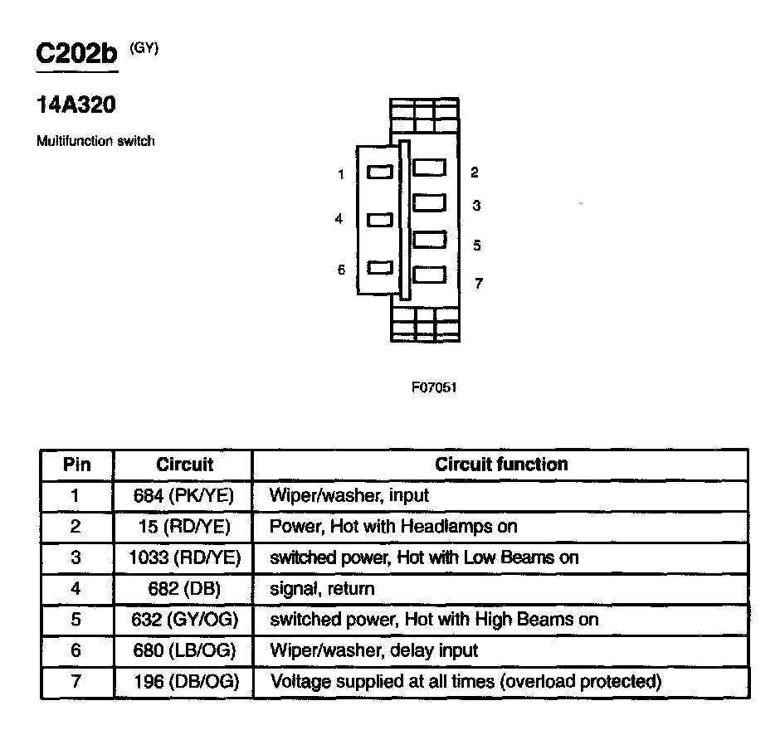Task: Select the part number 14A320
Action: tap(76, 105)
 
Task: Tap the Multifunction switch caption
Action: tap(95, 141)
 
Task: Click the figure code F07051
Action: tap(434, 387)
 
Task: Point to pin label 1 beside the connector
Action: tap(340, 174)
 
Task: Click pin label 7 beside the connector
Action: tap(479, 284)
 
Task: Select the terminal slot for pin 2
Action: tap(429, 168)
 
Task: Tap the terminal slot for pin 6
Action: tap(379, 268)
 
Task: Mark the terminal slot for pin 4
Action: tap(379, 220)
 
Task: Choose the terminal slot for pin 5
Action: tap(429, 239)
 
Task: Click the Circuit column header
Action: tap(184, 465)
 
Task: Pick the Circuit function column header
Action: tap(501, 465)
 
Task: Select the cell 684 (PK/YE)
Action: tap(184, 496)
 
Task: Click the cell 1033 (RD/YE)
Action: tap(184, 557)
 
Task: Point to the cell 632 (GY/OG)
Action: tap(184, 620)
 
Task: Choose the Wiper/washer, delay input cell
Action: tap(374, 650)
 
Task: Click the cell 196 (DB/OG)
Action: tap(184, 682)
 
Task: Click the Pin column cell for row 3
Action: tap(76, 557)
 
